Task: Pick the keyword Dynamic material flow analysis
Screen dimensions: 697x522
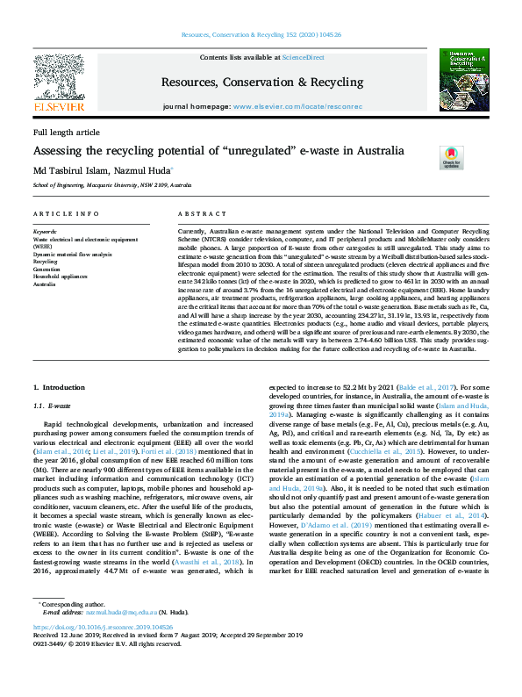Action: [73, 254]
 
